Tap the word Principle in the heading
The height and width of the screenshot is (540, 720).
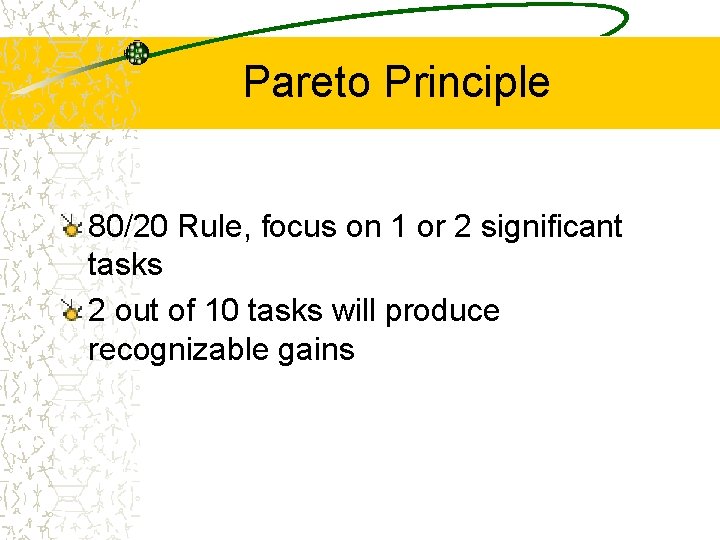point(467,82)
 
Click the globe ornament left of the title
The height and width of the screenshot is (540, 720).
point(136,53)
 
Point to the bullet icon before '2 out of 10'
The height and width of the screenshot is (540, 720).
point(71,313)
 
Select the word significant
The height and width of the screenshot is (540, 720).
point(551,227)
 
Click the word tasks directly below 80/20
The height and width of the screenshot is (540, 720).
point(125,265)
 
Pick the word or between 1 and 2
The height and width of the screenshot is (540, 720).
point(431,227)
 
